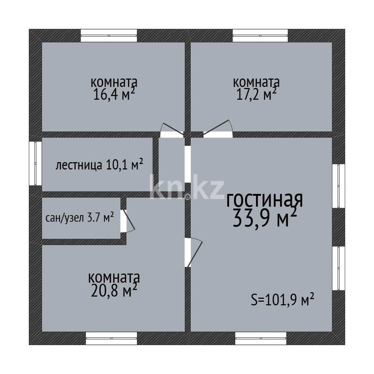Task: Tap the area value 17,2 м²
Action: point(255,95)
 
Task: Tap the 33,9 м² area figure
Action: point(264,218)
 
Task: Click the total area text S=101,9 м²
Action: point(283,300)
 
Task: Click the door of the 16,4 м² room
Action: point(172,131)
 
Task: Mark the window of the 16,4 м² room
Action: point(109,35)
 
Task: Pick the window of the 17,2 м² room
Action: point(260,35)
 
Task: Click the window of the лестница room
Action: point(35,163)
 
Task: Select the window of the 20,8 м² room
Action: point(111,338)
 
